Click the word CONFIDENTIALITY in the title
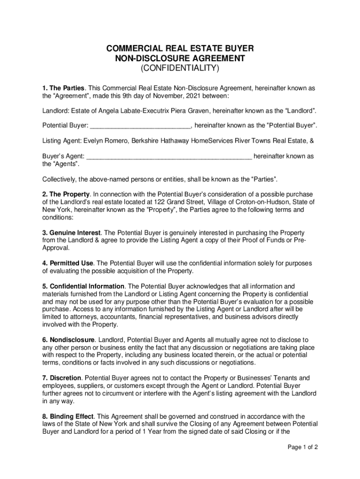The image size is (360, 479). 180,69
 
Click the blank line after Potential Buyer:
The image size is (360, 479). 140,125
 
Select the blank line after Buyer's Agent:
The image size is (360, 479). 169,156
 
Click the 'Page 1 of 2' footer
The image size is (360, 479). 302,447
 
